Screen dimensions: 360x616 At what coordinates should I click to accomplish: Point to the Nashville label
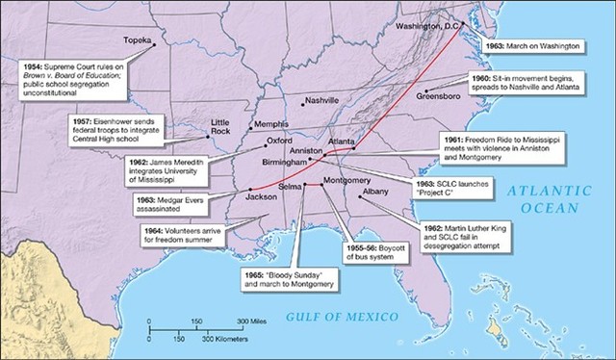321,100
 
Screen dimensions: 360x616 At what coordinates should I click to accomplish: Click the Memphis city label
269,125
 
